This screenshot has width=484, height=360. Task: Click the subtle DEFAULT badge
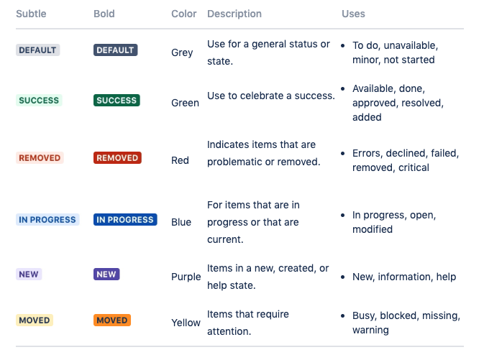[x=37, y=50]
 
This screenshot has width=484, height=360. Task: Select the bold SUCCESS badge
[x=117, y=101]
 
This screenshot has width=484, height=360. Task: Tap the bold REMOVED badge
[x=117, y=158]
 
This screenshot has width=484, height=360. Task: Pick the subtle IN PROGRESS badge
[x=47, y=220]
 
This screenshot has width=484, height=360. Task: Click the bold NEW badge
[x=106, y=274]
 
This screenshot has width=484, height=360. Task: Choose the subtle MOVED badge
[x=35, y=320]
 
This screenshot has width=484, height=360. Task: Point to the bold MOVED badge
[x=112, y=320]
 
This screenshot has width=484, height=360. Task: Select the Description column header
[x=234, y=14]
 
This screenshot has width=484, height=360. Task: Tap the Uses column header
[x=353, y=14]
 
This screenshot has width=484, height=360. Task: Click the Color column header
[x=184, y=14]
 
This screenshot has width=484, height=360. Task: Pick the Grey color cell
[x=182, y=52]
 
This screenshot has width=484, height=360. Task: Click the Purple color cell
[x=186, y=277]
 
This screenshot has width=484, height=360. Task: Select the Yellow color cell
[x=186, y=323]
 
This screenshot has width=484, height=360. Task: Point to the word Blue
[x=181, y=222]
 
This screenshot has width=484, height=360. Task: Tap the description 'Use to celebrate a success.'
[x=271, y=96]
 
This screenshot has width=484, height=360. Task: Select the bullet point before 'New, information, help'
[x=345, y=277]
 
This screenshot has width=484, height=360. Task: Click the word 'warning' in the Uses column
[x=370, y=331]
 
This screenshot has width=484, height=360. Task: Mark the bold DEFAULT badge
[x=115, y=50]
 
